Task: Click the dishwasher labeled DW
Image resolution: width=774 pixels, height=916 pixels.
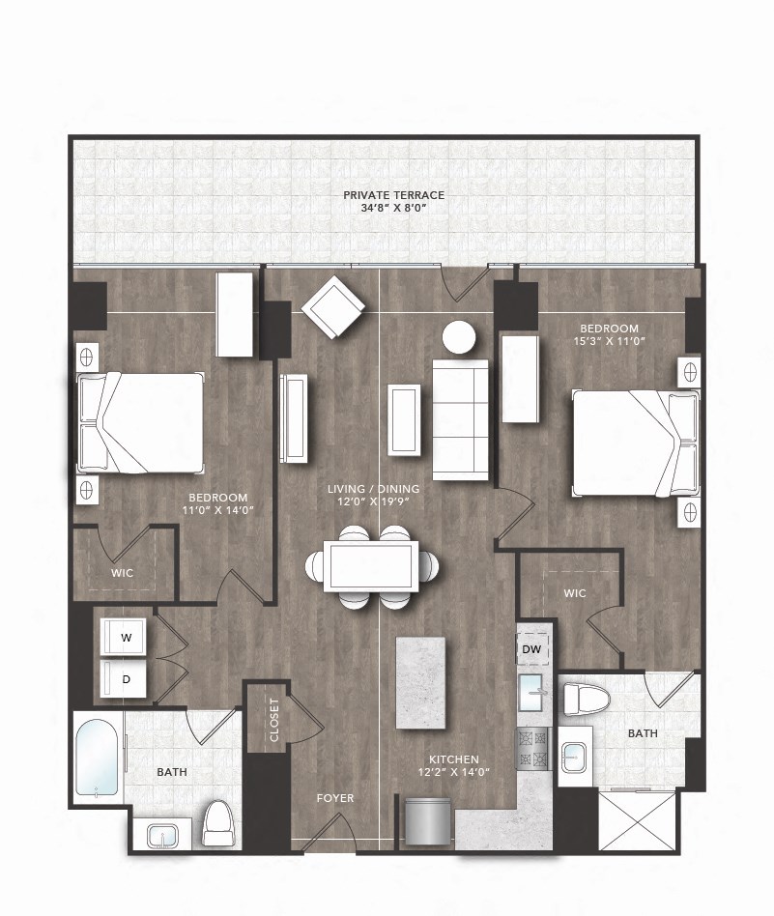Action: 531,650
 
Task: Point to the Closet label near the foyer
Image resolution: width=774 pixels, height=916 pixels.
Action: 275,719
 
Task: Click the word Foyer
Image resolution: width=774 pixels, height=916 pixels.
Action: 335,798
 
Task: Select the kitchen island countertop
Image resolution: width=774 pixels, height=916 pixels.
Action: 420,682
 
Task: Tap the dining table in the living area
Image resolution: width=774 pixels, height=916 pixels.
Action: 372,566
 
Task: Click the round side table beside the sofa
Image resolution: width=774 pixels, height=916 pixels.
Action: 458,337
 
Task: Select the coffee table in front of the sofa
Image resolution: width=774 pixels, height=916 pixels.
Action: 404,419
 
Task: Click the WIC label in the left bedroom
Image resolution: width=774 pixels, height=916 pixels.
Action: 122,573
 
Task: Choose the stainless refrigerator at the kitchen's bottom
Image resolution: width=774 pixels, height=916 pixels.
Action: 425,820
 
